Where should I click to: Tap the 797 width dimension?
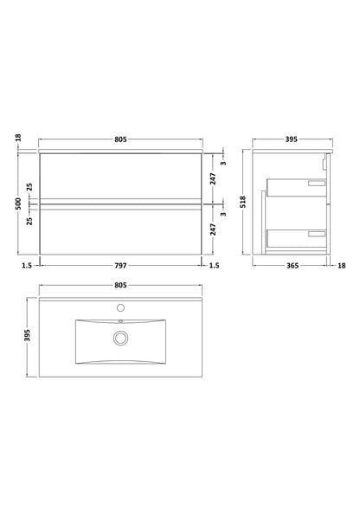click(120, 265)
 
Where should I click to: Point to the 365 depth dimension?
click(292, 265)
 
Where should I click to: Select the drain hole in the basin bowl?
click(120, 335)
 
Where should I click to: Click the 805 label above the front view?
click(120, 139)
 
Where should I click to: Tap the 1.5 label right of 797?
click(213, 265)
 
